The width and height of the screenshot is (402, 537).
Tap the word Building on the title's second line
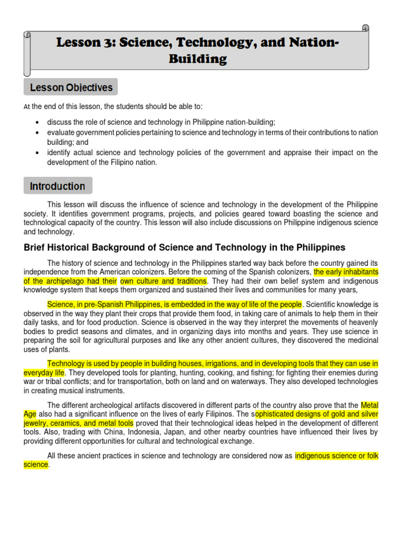197,59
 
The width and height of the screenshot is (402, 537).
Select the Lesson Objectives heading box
71,87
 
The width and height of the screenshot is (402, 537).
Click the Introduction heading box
58,186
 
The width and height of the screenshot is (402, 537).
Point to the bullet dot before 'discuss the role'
37,122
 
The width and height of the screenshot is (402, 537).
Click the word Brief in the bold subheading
36,248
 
